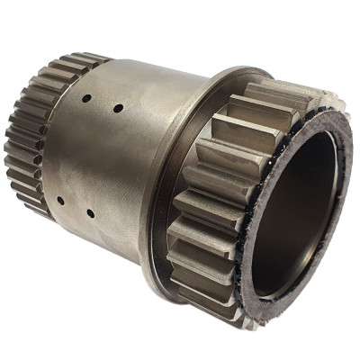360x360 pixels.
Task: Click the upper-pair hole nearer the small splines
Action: tap(87, 99)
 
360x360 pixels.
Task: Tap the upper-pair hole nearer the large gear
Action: tap(118, 108)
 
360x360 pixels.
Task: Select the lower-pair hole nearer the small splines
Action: tap(60, 201)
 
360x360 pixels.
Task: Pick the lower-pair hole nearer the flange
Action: tap(90, 214)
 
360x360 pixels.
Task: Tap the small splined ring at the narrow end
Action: tap(27, 135)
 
